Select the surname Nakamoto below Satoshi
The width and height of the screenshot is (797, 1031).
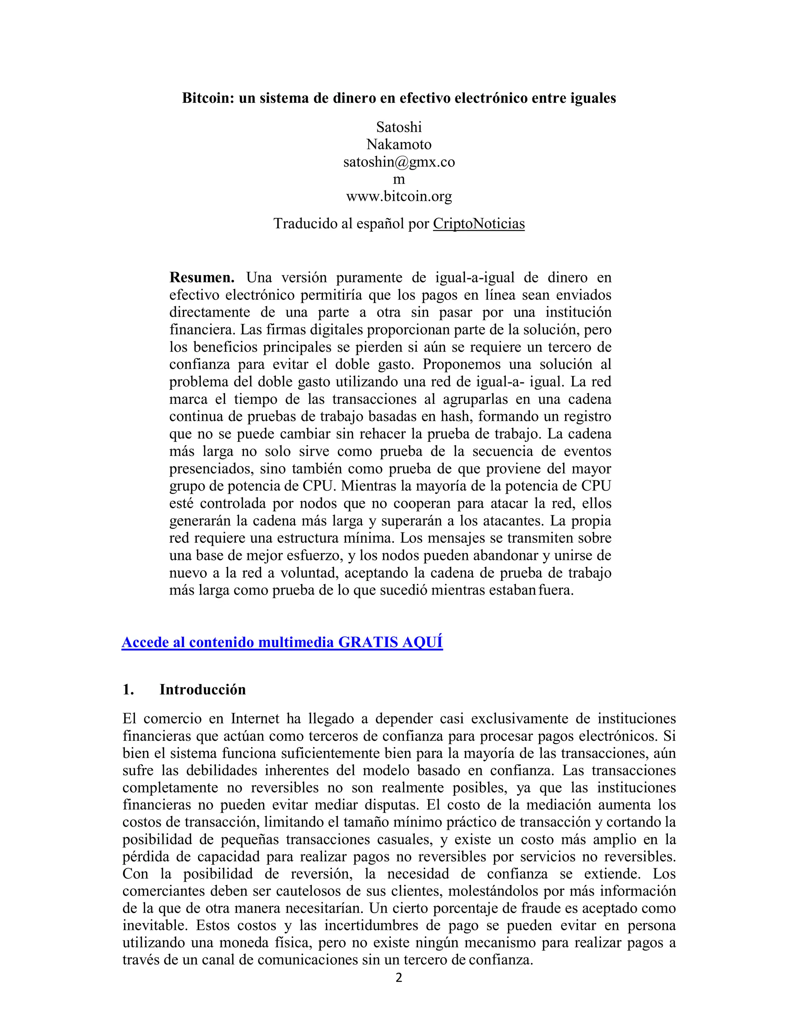click(398, 144)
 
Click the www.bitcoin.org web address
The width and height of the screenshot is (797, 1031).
click(398, 196)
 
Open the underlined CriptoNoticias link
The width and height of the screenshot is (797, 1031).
click(478, 224)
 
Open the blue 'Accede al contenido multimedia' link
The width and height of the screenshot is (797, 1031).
click(282, 642)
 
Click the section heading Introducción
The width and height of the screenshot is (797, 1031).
click(202, 690)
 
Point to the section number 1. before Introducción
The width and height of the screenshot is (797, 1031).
click(128, 690)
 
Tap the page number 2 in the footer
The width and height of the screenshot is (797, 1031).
click(398, 978)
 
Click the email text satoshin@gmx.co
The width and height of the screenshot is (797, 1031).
click(398, 162)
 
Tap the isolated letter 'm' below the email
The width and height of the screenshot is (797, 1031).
click(398, 179)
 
